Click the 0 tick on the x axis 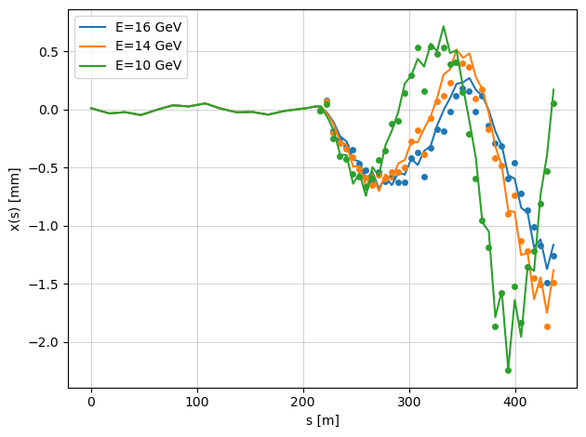coord(91,403)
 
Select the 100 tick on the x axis coord(197,403)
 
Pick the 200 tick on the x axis coord(303,403)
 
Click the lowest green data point coord(508,370)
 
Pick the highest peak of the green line coord(444,26)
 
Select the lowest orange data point coord(547,326)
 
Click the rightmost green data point coord(553,103)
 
